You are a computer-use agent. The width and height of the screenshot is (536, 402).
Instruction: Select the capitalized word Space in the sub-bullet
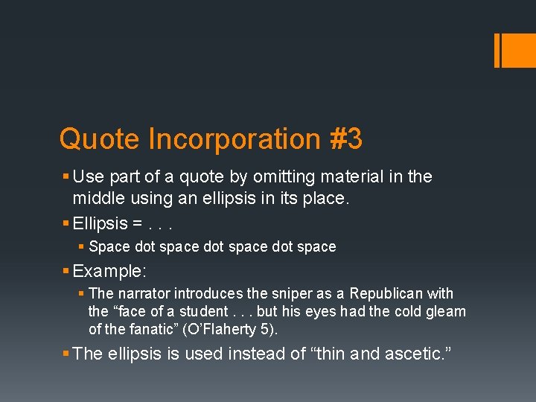(109, 246)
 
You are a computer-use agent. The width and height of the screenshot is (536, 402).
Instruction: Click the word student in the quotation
(201, 312)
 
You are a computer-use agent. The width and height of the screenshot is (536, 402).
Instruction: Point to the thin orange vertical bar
(497, 50)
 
